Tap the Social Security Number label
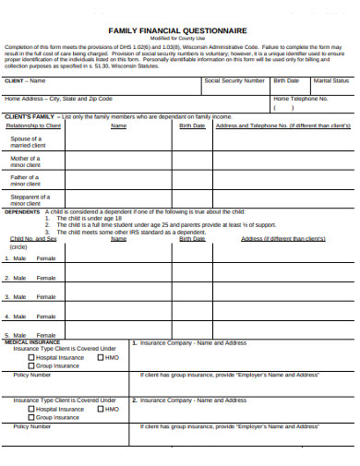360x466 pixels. click(234, 81)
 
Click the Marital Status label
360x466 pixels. click(330, 81)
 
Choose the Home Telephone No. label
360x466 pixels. click(301, 98)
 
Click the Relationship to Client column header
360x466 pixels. click(33, 125)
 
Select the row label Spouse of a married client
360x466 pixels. click(28, 141)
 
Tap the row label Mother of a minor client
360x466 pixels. click(26, 161)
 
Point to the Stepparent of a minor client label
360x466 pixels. click(30, 200)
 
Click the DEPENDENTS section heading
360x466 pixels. click(23, 211)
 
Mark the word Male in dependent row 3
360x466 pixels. click(18, 297)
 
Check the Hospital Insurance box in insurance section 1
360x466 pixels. click(32, 357)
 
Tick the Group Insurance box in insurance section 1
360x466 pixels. click(32, 366)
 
